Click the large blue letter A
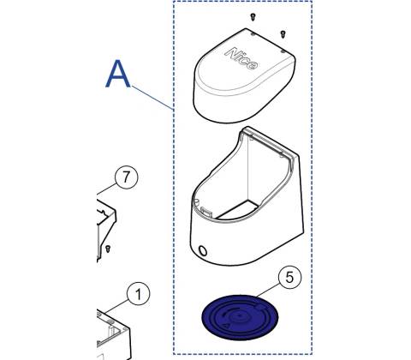118,74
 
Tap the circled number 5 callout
289,277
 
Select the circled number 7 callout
126,177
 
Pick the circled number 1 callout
138,294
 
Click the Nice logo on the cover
241,58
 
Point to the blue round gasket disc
240,317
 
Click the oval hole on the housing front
203,250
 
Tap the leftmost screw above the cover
253,17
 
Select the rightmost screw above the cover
283,34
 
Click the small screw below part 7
108,249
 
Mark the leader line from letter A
152,98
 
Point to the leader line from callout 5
268,291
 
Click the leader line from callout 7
107,189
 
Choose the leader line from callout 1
116,306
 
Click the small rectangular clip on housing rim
207,212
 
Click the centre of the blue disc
240,315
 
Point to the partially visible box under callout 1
114,334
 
